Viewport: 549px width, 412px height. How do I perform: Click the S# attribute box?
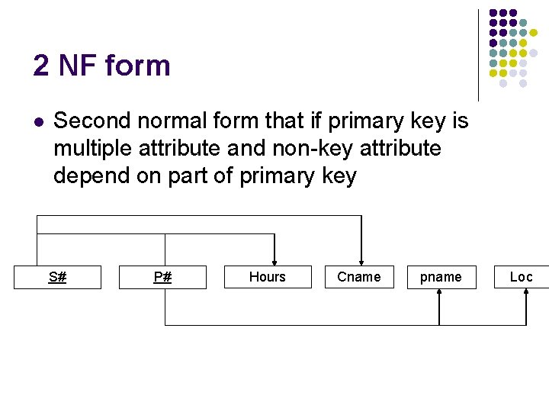57,277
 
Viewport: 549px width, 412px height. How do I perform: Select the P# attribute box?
162,277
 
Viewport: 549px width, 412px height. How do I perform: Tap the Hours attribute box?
268,277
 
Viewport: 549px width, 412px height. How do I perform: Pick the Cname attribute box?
358,277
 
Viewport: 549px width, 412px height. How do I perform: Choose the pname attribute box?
441,277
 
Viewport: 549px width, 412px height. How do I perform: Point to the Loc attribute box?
522,277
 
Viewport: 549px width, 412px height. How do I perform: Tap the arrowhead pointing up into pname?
439,295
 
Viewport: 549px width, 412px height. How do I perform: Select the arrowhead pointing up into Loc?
526,295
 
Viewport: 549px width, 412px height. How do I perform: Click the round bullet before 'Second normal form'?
38,121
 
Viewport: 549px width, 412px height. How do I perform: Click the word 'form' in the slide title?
137,66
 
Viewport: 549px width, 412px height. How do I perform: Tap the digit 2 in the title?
41,66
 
